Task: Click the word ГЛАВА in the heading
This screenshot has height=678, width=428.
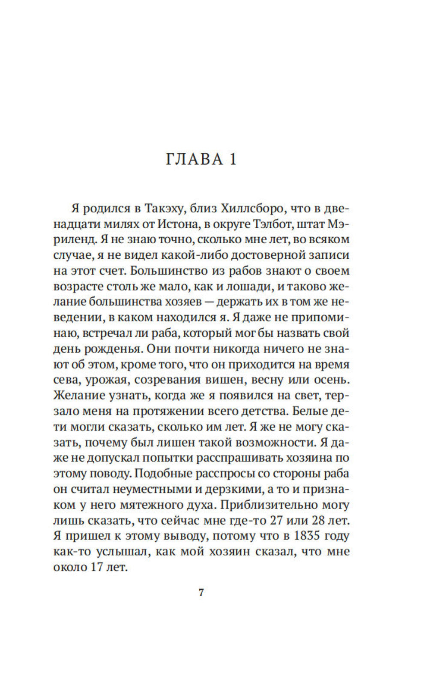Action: tap(194, 159)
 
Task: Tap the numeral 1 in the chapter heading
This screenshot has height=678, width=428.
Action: tap(232, 159)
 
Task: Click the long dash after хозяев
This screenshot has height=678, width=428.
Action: tap(210, 302)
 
